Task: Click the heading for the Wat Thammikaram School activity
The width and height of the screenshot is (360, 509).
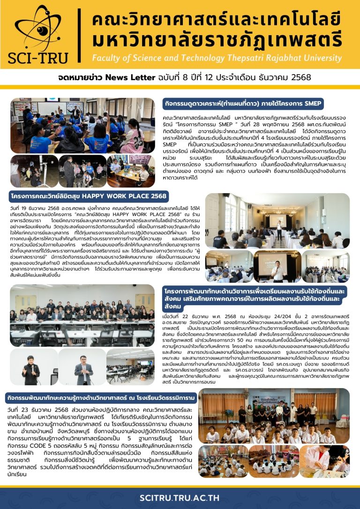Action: [x=101, y=398]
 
